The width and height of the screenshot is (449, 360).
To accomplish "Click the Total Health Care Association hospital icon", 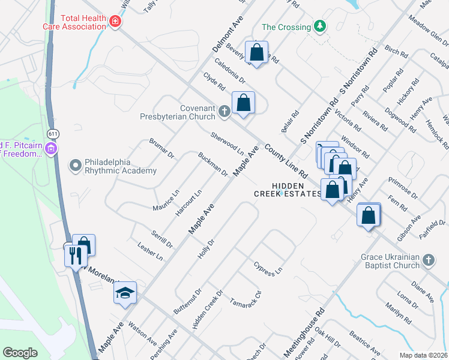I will coord(115,22).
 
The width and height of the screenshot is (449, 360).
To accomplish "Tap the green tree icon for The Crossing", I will coord(321,26).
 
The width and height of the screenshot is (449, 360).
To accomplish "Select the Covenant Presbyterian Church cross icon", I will coord(224,110).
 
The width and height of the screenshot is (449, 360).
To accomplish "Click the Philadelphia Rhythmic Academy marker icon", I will coord(75,164).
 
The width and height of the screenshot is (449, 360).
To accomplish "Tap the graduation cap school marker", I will coord(125,293).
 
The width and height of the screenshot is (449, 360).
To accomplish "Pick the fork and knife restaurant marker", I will coord(76,256).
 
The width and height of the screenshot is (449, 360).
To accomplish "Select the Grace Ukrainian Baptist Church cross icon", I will coord(428,260).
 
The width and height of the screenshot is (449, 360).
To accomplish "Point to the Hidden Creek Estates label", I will coord(288,190).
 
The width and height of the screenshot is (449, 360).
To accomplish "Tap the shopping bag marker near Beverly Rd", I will coord(257,52).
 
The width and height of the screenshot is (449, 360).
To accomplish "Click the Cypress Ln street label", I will coord(268,268).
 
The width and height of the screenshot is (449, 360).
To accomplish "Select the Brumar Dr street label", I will coord(161,148).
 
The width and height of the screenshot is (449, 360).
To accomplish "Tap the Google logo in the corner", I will coord(20,352).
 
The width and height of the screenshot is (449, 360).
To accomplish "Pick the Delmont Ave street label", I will coord(225,37).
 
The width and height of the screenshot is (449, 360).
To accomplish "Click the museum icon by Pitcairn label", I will coord(52,148).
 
